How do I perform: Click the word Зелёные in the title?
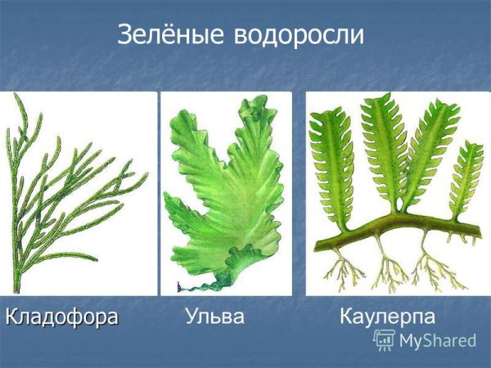coord(171,34)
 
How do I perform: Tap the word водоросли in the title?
coord(299,34)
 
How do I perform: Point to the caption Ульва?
coord(214,316)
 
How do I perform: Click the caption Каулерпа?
coord(386,316)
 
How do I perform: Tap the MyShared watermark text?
coord(438,341)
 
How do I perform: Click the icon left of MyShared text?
coord(385,341)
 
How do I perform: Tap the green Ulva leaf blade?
coord(225,188)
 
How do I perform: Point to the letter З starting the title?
coord(124,34)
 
